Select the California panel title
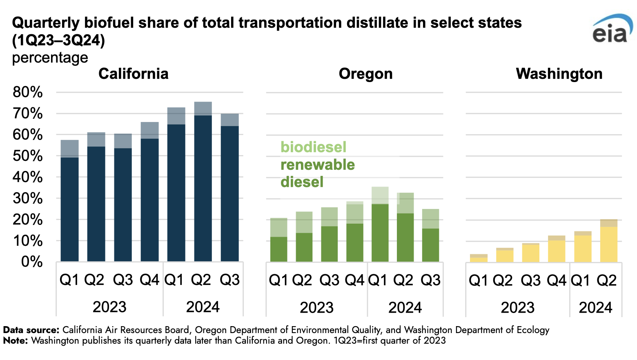tap(134, 74)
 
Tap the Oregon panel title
tap(365, 74)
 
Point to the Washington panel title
tap(559, 74)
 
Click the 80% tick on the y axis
tap(28, 92)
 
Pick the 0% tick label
tap(32, 262)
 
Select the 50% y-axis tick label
tap(28, 156)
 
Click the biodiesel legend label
tap(313, 147)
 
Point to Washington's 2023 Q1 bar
tap(479, 258)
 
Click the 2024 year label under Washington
tap(595, 308)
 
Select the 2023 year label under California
tap(109, 307)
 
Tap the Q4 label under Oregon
tap(354, 280)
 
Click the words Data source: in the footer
tap(31, 330)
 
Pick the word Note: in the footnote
tap(16, 340)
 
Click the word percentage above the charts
tap(50, 58)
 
